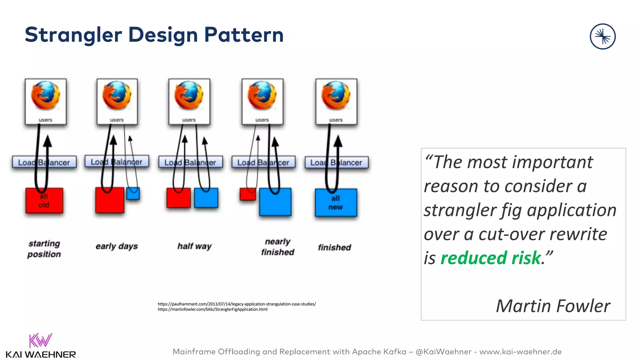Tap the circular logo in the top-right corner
tap(602, 37)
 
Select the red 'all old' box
tap(44, 201)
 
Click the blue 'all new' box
tap(336, 203)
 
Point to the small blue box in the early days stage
tap(133, 194)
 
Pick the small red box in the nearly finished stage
tap(247, 194)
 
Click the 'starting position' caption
tap(44, 249)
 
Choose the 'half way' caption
tap(194, 246)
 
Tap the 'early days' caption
tap(117, 246)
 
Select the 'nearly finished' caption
tap(277, 247)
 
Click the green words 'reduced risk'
tap(490, 258)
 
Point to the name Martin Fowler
tap(553, 306)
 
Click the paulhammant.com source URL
tap(237, 304)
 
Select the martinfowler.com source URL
tap(212, 309)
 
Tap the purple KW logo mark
tap(40, 340)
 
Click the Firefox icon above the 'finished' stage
tap(336, 96)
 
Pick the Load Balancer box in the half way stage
tap(190, 162)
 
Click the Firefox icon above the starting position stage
tap(46, 96)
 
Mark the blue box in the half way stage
tap(206, 198)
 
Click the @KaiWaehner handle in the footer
tap(443, 352)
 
